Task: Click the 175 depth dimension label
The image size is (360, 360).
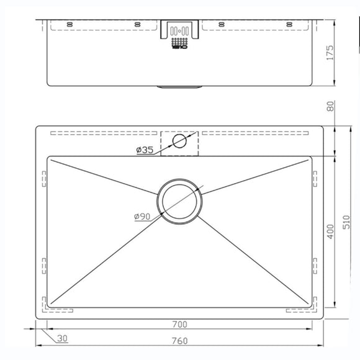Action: (x=330, y=52)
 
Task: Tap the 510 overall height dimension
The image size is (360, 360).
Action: (x=347, y=222)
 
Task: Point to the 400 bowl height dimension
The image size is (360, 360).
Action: (x=330, y=232)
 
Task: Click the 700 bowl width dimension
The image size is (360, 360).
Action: (x=180, y=324)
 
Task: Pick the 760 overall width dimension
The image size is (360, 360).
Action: (x=180, y=341)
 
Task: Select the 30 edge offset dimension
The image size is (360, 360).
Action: (x=62, y=338)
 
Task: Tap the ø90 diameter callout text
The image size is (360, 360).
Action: (x=142, y=216)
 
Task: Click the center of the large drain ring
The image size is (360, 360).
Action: (x=180, y=200)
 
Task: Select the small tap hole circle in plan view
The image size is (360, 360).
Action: (x=180, y=140)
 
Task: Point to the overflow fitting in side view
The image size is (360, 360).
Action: (x=180, y=35)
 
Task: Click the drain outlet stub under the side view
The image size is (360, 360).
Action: (x=180, y=87)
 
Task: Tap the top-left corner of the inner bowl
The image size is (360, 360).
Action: (x=48, y=156)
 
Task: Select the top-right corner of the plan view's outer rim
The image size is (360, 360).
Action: (x=323, y=127)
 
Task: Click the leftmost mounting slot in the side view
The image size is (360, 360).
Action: (x=70, y=24)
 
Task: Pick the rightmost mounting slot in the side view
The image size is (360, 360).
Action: (x=289, y=24)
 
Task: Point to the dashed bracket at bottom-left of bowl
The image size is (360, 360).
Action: (x=47, y=304)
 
